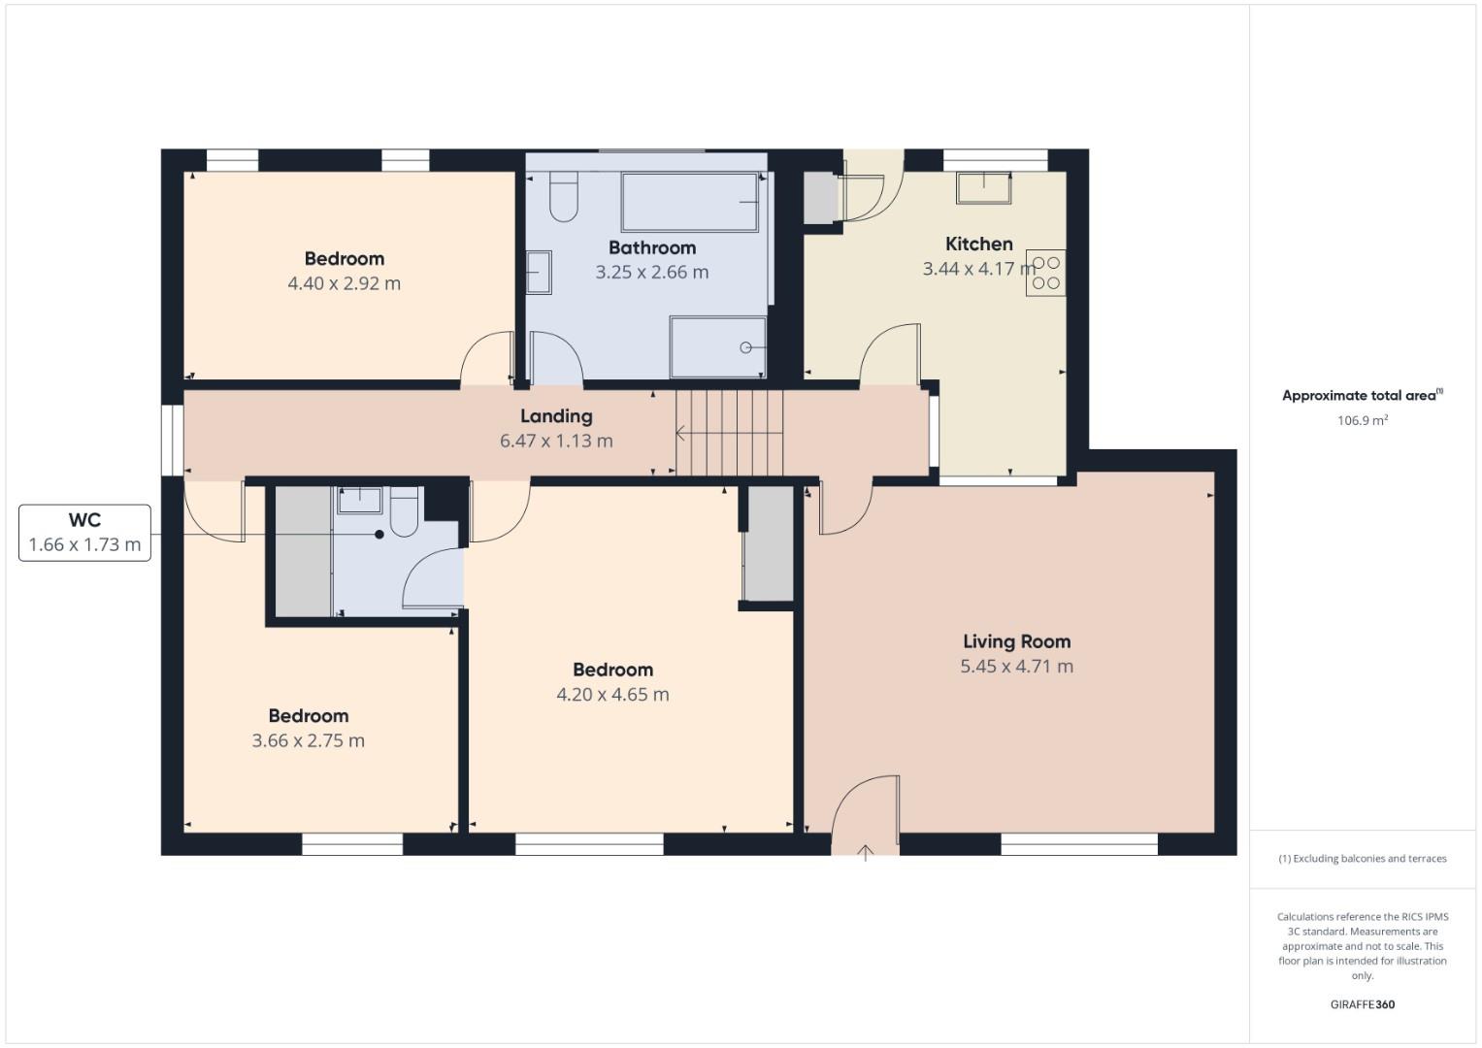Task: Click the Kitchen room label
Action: click(x=978, y=245)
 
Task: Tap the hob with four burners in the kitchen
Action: click(x=1046, y=273)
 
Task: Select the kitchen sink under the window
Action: click(x=983, y=187)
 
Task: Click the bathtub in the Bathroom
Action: click(x=689, y=202)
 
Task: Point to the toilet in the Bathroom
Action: click(x=564, y=197)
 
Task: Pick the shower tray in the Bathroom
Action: click(x=717, y=347)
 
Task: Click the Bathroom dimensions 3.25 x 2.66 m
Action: click(x=652, y=273)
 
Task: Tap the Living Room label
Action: click(x=1016, y=641)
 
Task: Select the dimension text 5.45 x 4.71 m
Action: click(x=1016, y=667)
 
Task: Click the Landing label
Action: click(x=555, y=416)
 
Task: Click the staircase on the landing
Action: click(x=730, y=433)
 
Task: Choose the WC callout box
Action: click(x=84, y=533)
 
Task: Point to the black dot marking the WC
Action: click(x=379, y=535)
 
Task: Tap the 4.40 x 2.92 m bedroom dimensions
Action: click(x=344, y=283)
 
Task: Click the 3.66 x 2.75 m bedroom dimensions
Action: click(x=308, y=741)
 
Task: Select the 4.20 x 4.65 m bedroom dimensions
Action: click(x=612, y=695)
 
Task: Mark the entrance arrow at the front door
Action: click(x=866, y=853)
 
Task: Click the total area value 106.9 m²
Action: click(x=1362, y=420)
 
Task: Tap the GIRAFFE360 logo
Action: click(x=1362, y=1004)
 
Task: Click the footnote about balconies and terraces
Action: click(x=1362, y=859)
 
